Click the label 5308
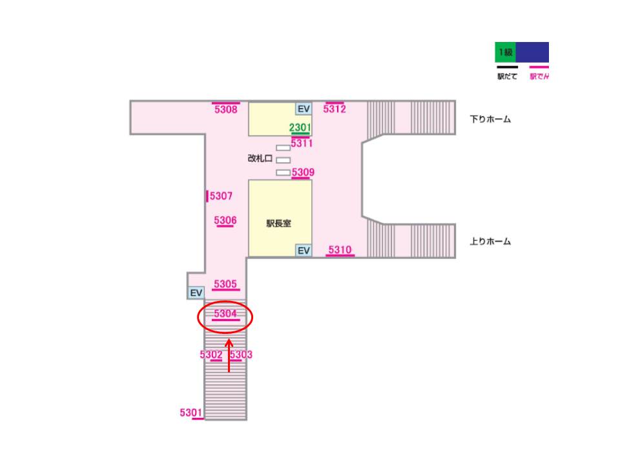coord(226,110)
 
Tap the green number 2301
coord(300,128)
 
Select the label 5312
coord(335,109)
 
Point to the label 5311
coord(302,144)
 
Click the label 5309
coord(303,172)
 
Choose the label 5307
coord(220,196)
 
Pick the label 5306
coord(225,221)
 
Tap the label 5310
coord(340,250)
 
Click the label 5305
coord(225,284)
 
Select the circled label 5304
coord(225,315)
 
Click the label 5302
coord(211,355)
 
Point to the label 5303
coord(241,355)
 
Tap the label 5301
coord(191,413)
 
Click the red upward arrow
coord(229,356)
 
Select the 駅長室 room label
coord(279,224)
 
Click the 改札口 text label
coord(260,158)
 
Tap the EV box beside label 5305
coord(196,293)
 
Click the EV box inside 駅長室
coord(304,251)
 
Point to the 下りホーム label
coord(490,119)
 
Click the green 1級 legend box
coord(505,52)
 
